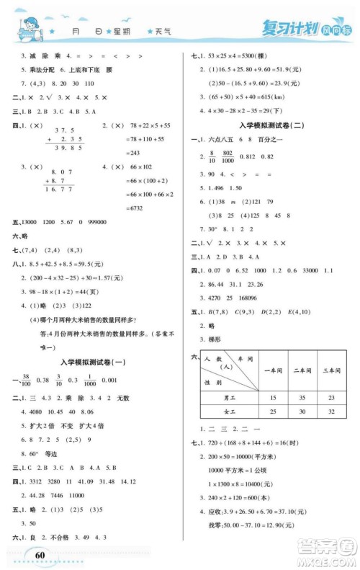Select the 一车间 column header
[x=273, y=371]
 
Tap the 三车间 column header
[x=331, y=371]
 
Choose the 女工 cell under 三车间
[x=331, y=411]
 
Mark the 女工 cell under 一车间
[x=273, y=411]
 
